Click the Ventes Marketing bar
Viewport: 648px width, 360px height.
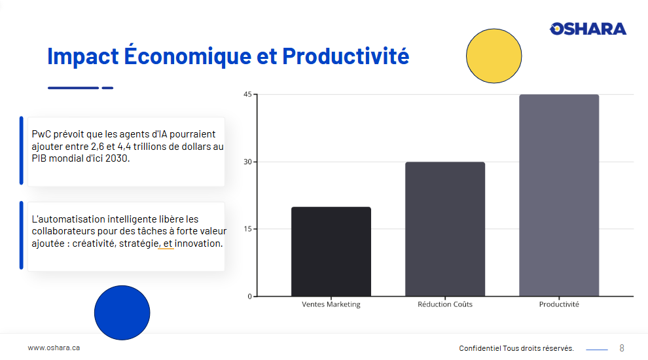(x=331, y=251)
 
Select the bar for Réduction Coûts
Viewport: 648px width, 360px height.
(x=445, y=229)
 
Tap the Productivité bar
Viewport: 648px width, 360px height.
(x=559, y=195)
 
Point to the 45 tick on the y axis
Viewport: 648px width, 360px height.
(x=247, y=94)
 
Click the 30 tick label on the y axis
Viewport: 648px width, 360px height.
(x=247, y=162)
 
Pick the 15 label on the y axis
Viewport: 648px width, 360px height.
(x=247, y=229)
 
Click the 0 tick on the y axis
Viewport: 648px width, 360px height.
(x=249, y=297)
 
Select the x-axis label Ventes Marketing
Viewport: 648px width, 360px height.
(x=331, y=304)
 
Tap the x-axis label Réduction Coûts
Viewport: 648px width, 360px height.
(x=445, y=304)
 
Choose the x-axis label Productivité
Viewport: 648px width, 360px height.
(x=559, y=304)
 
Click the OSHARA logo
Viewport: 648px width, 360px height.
(x=588, y=29)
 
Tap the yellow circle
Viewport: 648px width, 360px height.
(x=494, y=56)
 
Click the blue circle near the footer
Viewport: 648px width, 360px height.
(x=122, y=313)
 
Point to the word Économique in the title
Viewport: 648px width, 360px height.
(x=188, y=56)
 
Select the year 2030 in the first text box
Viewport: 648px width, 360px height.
(x=117, y=158)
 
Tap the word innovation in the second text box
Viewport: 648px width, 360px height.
(x=198, y=243)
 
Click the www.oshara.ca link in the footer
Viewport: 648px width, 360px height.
(x=54, y=348)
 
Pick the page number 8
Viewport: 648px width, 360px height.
(x=622, y=348)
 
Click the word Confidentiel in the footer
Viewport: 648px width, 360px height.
(x=480, y=348)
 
